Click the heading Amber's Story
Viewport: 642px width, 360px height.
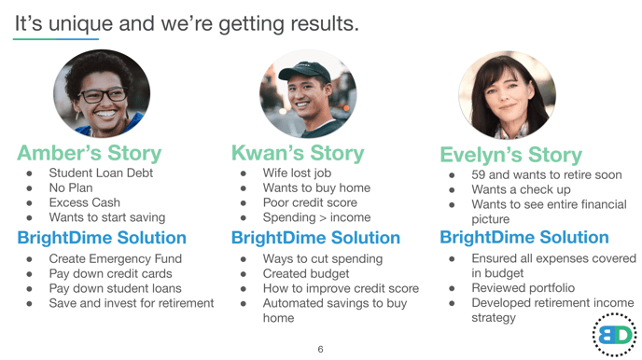[x=89, y=153]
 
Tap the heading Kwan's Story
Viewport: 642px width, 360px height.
[x=298, y=152]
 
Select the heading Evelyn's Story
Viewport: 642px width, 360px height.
[x=510, y=155]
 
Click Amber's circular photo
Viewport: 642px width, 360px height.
[x=89, y=94]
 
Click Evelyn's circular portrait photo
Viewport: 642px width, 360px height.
[x=507, y=94]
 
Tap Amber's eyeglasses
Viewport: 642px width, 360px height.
[x=90, y=94]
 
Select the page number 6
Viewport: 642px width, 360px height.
[x=320, y=350]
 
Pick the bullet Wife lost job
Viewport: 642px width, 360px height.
[x=297, y=173]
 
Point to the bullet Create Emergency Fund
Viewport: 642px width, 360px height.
[x=115, y=258]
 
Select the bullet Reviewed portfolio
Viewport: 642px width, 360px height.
[x=523, y=288]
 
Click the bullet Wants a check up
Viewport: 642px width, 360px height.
[x=522, y=188]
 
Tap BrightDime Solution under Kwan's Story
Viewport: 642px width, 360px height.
[x=315, y=238]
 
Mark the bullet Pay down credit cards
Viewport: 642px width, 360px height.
[x=110, y=273]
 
